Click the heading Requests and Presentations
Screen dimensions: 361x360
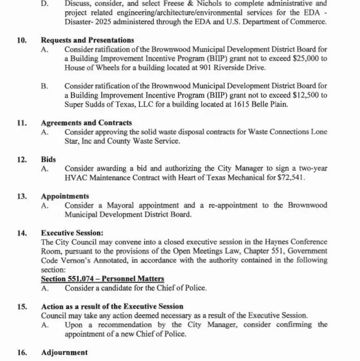coord(87,40)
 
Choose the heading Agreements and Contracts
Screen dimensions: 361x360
coord(86,123)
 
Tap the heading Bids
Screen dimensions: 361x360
coord(48,159)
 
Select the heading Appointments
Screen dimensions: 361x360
coord(65,196)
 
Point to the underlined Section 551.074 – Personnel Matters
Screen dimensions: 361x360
coord(102,278)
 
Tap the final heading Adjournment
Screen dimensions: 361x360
coord(64,352)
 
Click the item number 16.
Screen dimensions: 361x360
coord(22,352)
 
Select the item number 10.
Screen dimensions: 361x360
coord(22,40)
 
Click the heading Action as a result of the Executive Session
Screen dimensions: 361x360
coord(112,306)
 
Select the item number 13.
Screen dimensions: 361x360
coord(22,196)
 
